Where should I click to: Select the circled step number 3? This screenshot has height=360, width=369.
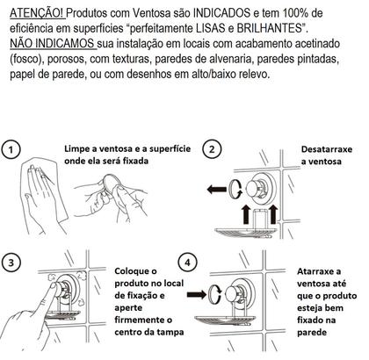pyautogui.click(x=11, y=263)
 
